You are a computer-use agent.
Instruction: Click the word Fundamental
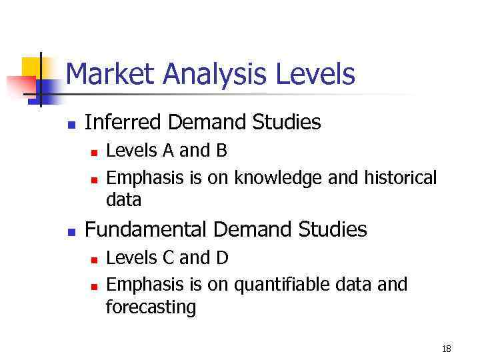click(x=147, y=230)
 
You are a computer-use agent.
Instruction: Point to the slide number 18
click(x=446, y=348)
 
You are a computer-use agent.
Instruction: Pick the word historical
click(x=400, y=178)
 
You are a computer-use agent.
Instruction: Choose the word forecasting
click(x=151, y=308)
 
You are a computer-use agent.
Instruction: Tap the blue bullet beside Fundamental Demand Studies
click(x=72, y=232)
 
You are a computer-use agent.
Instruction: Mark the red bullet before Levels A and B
click(x=94, y=153)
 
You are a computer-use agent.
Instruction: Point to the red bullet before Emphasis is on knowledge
click(x=94, y=179)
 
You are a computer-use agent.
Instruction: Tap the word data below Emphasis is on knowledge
click(x=124, y=200)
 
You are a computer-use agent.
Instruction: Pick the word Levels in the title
click(x=315, y=74)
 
